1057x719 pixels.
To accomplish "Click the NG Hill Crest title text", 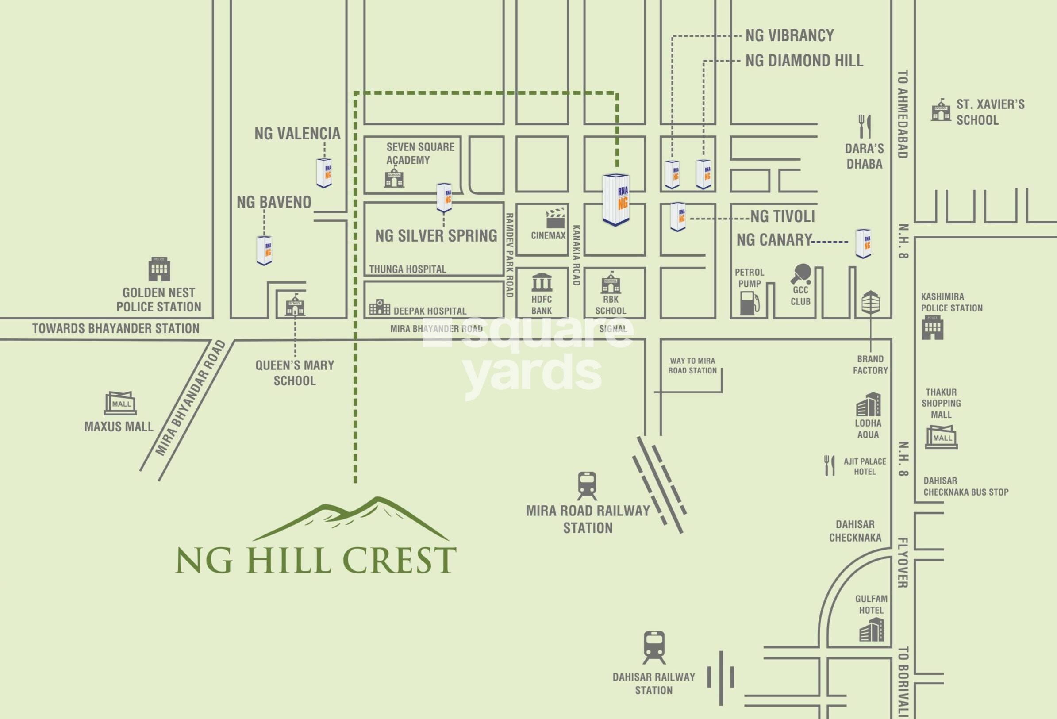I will tap(315, 560).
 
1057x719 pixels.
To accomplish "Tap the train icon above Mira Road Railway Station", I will tap(587, 486).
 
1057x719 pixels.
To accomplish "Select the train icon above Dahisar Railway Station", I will tap(654, 647).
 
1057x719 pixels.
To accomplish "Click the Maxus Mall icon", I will tap(120, 403).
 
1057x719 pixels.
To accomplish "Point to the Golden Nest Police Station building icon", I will tap(159, 269).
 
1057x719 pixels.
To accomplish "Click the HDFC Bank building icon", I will tap(542, 282).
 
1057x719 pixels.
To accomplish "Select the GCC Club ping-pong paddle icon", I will tap(800, 274).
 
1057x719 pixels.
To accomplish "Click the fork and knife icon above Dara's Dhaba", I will tap(865, 127).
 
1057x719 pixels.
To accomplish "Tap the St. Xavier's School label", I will tap(990, 112).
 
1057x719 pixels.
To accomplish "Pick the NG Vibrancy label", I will tap(790, 35).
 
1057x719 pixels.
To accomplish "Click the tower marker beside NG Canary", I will tap(863, 243).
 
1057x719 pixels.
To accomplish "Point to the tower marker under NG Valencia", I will tap(324, 173).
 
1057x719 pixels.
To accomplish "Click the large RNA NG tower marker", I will tap(616, 200).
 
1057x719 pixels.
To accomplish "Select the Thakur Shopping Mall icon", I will tap(941, 437).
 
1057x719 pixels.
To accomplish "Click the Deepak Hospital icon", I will tap(379, 308).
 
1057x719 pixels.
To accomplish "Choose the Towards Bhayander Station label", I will tap(115, 328).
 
